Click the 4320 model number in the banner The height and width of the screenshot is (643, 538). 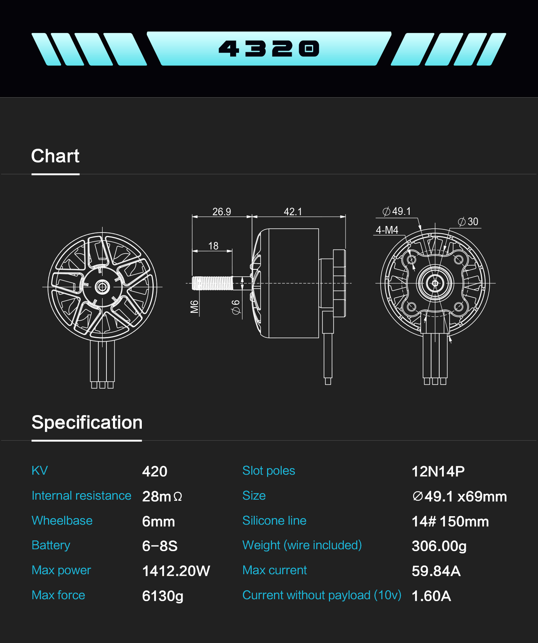coord(269,49)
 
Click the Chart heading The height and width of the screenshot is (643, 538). coord(55,156)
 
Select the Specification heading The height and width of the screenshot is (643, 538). coord(87,423)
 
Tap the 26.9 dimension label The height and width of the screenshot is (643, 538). coord(222,212)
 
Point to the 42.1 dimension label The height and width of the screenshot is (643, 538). coord(293,212)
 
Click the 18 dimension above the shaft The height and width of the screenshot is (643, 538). coord(213,246)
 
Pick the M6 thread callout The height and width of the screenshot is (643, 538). coord(194,307)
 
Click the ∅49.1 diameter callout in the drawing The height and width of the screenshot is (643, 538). coord(397,211)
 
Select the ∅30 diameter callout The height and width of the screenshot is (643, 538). coord(468,222)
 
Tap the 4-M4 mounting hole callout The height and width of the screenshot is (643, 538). coord(387,230)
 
